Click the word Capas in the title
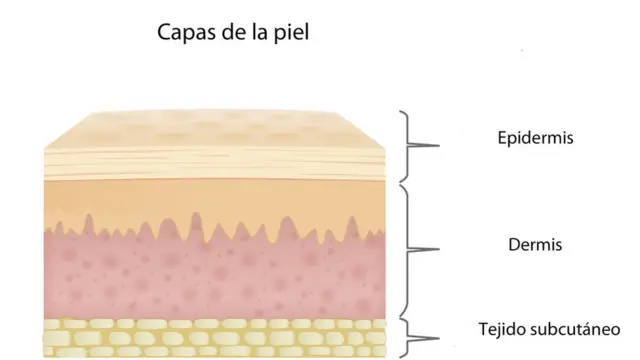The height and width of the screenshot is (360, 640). [183, 33]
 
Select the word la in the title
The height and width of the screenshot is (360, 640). [255, 33]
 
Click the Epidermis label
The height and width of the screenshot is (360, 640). [535, 137]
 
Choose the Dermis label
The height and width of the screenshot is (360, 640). [535, 244]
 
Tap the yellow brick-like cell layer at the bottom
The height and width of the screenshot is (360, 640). [200, 337]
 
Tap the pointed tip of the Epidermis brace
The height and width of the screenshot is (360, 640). [438, 146]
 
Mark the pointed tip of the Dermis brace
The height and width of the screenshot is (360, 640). [438, 247]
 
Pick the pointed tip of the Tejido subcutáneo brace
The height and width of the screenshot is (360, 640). [438, 337]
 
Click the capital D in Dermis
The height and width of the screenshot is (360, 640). [514, 244]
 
